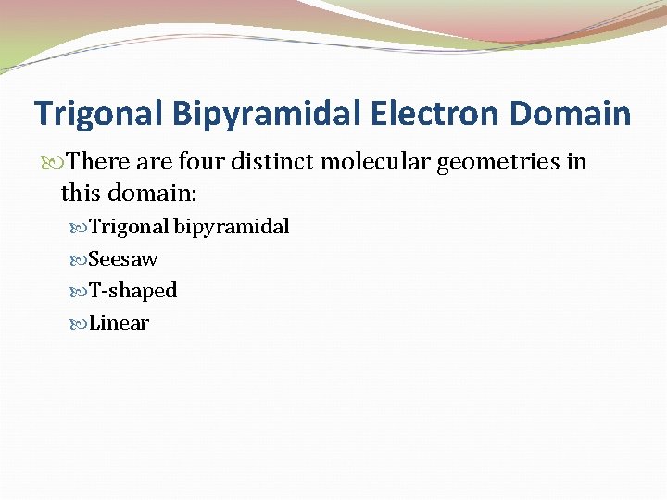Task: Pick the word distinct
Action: tap(276, 163)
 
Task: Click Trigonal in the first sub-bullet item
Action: tap(129, 227)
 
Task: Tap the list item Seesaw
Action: tap(123, 259)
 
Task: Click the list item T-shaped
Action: tap(132, 291)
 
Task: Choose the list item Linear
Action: tap(119, 323)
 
